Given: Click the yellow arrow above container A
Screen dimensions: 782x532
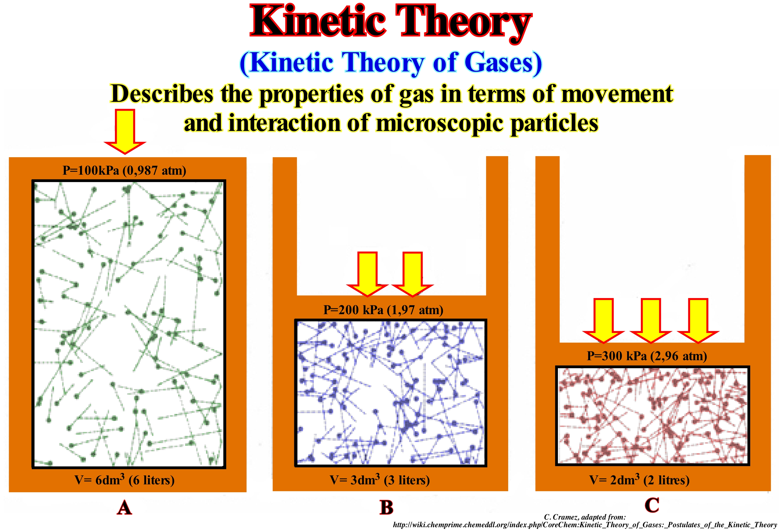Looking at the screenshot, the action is (125, 132).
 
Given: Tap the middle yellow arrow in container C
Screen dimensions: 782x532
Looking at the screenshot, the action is (650, 321).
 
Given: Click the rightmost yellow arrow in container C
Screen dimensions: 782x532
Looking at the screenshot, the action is (698, 321).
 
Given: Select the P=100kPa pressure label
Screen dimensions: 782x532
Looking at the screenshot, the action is (124, 170).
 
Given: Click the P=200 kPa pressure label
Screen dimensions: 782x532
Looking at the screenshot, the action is (383, 310).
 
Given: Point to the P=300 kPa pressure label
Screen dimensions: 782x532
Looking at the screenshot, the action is (647, 356).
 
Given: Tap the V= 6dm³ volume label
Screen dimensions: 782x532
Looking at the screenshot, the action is (124, 480).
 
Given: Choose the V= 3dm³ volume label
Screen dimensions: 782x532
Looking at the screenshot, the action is (379, 480).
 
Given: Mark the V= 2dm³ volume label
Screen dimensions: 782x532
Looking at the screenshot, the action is (639, 480).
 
